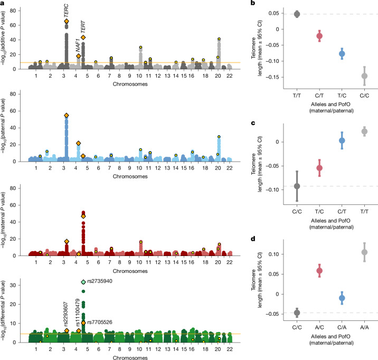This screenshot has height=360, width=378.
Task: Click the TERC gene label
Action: [67, 11]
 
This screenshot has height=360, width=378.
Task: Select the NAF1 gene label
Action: [78, 45]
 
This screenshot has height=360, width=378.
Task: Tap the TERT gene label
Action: [83, 27]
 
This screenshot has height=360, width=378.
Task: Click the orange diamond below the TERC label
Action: [67, 21]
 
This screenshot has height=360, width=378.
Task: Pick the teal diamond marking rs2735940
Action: [83, 282]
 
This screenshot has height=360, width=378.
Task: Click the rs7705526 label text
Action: [100, 322]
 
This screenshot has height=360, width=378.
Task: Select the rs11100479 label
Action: [78, 312]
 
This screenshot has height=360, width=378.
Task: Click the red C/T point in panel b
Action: [319, 36]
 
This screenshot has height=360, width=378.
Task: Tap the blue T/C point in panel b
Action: [342, 54]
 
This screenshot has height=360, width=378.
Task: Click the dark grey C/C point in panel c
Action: [297, 186]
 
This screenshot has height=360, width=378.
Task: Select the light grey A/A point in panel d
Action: [364, 252]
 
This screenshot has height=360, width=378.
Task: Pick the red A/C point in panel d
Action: [319, 271]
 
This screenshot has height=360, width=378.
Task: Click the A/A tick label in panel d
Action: [364, 327]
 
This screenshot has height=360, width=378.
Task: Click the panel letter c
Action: [253, 123]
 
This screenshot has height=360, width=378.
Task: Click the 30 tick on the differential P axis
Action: [13, 285]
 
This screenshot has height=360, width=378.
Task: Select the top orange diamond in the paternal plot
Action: [67, 116]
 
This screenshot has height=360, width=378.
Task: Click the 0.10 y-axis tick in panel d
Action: [273, 254]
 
